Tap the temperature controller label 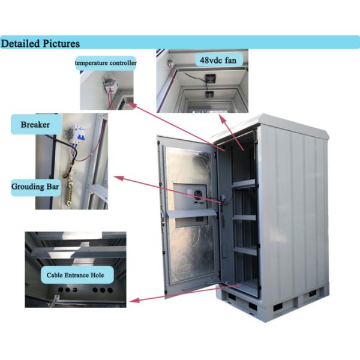pos(106,62)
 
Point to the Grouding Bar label pos(35,187)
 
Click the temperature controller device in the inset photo pos(108,85)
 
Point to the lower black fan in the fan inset pos(210,94)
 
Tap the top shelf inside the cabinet pos(244,183)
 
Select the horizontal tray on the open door pos(191,212)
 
